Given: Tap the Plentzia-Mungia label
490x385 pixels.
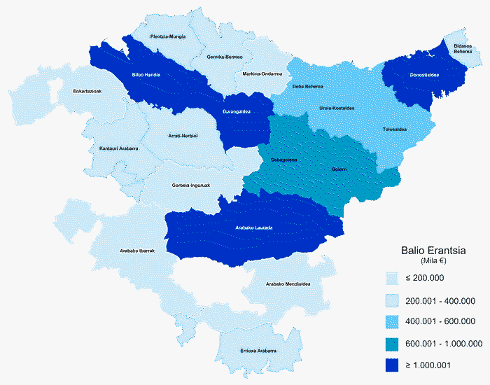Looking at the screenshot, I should [168, 36].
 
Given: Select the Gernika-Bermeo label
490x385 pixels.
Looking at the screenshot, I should [225, 57].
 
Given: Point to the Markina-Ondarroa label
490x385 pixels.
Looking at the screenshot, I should [262, 73].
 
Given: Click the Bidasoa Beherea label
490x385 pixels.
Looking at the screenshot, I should [462, 47].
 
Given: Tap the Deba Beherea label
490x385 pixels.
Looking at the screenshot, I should [307, 86].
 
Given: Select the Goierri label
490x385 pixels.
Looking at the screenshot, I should [339, 169].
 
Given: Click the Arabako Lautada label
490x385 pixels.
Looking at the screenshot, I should [253, 227].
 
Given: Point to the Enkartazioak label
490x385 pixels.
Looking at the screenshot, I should [88, 91].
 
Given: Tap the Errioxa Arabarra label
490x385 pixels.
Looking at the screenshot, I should [258, 350].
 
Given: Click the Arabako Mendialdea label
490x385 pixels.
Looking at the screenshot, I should [288, 283].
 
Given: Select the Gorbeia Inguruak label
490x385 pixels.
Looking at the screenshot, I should [191, 185].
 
